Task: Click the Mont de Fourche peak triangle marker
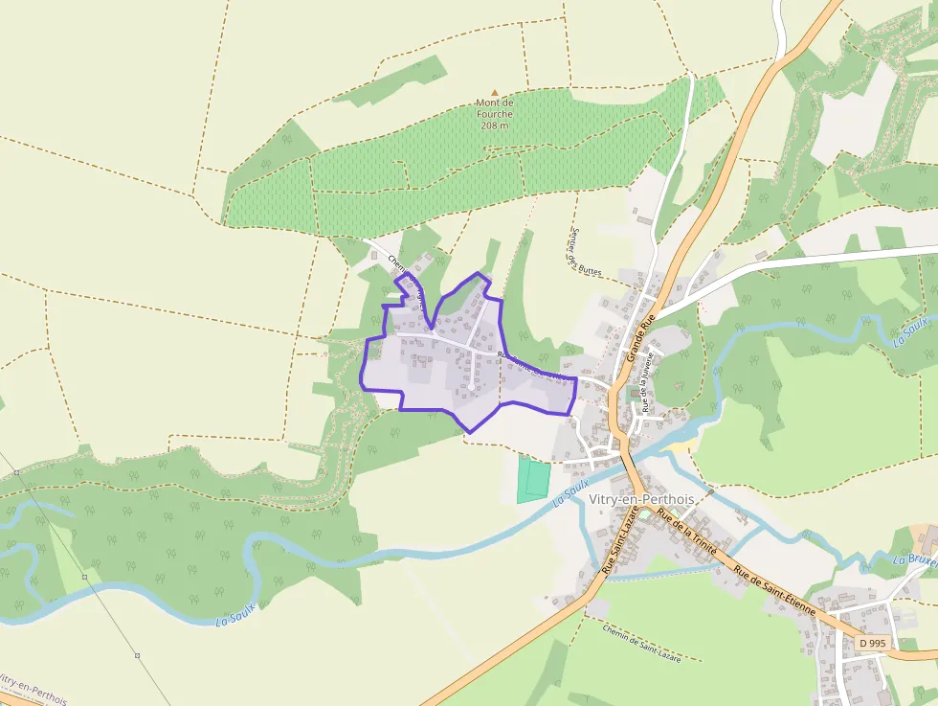pos(495,92)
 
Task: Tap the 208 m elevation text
pos(495,125)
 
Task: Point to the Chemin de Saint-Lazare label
pos(642,644)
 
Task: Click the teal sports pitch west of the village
pos(534,479)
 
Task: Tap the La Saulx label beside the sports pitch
pos(570,493)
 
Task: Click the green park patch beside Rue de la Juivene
pos(631,394)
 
